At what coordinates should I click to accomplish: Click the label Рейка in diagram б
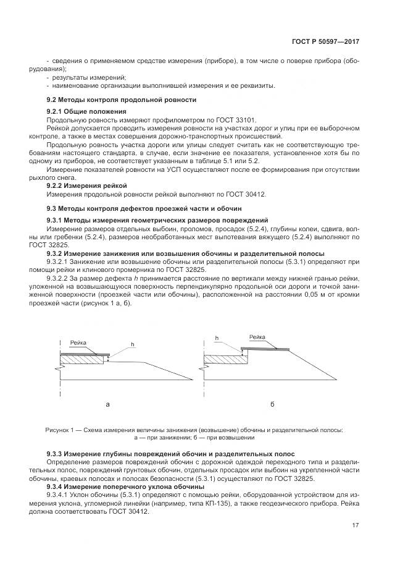(257, 337)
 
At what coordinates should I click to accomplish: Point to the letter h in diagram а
(131, 344)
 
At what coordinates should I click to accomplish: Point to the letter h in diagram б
(217, 338)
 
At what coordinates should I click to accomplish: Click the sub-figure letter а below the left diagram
(107, 404)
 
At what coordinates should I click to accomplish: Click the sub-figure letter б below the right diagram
(272, 404)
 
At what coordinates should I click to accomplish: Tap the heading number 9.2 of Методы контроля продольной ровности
(52, 100)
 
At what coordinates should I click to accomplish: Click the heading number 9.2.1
(56, 111)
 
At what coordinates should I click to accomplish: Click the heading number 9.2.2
(56, 185)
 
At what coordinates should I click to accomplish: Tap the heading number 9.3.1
(56, 221)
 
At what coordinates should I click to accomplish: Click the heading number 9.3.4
(56, 487)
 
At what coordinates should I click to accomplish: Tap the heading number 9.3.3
(56, 454)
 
